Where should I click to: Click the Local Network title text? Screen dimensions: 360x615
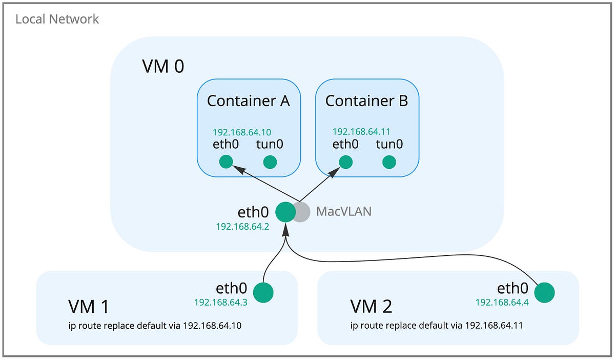pyautogui.click(x=57, y=19)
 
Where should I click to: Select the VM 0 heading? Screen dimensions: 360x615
pyautogui.click(x=162, y=66)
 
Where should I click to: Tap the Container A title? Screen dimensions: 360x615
pyautogui.click(x=248, y=101)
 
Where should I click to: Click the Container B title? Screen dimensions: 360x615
pyautogui.click(x=366, y=101)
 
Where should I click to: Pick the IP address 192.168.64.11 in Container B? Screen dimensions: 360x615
pyautogui.click(x=361, y=131)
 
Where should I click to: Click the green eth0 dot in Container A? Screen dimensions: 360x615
pyautogui.click(x=226, y=162)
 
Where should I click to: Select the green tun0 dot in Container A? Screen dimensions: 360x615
pyautogui.click(x=270, y=162)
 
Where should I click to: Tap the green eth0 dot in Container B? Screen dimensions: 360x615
pyautogui.click(x=346, y=162)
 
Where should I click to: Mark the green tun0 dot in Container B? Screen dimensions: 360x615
pyautogui.click(x=389, y=162)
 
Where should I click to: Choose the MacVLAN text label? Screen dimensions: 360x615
pyautogui.click(x=343, y=211)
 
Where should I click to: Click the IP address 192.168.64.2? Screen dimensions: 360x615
pyautogui.click(x=242, y=227)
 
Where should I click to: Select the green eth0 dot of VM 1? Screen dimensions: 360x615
pyautogui.click(x=263, y=292)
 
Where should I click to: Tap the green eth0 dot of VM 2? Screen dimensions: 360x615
pyautogui.click(x=544, y=293)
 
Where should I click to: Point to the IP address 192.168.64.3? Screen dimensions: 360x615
pyautogui.click(x=221, y=303)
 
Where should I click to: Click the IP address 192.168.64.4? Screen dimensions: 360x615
pyautogui.click(x=502, y=303)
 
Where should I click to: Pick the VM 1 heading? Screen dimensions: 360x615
pyautogui.click(x=89, y=307)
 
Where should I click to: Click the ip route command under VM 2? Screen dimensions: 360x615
pyautogui.click(x=436, y=325)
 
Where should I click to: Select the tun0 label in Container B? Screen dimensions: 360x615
pyautogui.click(x=389, y=144)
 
